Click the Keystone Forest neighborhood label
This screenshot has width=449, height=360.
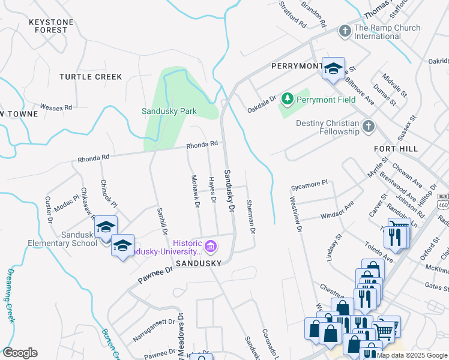click(51, 26)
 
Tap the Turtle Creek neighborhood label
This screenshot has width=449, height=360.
click(91, 77)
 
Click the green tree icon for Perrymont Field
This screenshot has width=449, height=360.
click(288, 97)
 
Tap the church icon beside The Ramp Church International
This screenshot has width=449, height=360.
click(345, 30)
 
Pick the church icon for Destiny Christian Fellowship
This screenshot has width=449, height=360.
click(369, 126)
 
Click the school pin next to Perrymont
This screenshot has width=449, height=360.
click(333, 68)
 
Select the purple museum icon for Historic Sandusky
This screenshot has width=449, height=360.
click(210, 246)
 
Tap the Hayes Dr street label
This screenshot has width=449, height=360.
click(212, 190)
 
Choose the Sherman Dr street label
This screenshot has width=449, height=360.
click(251, 217)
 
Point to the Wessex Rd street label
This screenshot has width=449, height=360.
click(56, 107)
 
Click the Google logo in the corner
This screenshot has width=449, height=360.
click(20, 353)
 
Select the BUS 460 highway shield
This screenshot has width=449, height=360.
click(443, 201)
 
